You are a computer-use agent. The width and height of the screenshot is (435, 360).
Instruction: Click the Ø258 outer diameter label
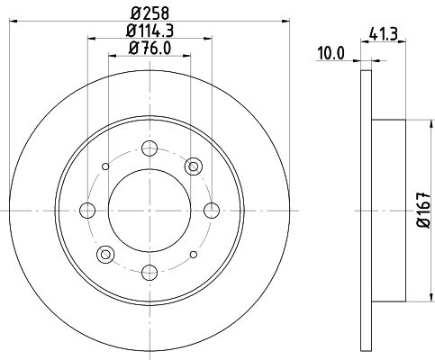150,13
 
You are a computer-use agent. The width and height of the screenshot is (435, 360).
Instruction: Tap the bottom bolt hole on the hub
150,272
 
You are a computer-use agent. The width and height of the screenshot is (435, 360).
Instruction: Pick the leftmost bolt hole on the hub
87,210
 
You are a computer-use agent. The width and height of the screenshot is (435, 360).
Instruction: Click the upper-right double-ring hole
193,166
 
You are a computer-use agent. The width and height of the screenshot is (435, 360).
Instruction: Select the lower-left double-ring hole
105,254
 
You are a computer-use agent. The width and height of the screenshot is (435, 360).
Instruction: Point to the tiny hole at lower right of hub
193,254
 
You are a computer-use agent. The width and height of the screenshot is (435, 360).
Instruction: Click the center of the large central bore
150,210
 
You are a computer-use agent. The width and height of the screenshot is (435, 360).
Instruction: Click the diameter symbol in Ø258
133,13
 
